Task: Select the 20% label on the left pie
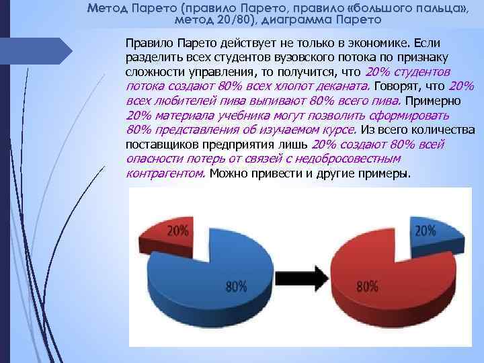pos(177,231)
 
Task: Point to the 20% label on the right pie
pos(425,231)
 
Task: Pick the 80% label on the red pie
pos(367,286)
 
